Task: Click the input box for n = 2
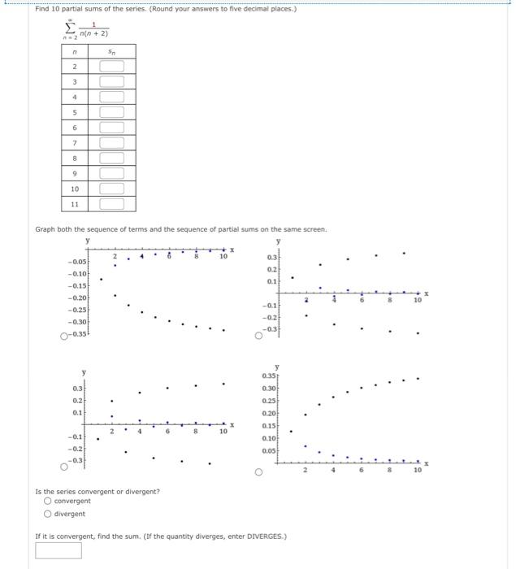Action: point(112,66)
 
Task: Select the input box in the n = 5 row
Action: point(112,111)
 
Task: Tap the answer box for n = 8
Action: point(112,158)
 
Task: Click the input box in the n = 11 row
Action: point(112,203)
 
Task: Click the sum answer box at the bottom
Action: point(59,550)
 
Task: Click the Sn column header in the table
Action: point(112,50)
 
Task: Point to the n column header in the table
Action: point(75,50)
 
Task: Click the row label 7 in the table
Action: point(75,142)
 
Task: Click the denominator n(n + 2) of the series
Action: point(93,34)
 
